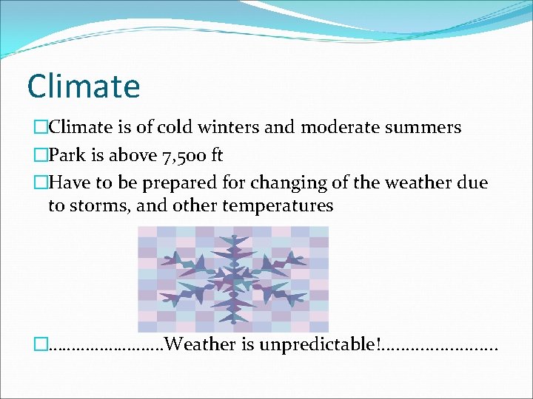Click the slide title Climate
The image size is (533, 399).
pyautogui.click(x=83, y=86)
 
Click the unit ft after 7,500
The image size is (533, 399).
pyautogui.click(x=213, y=155)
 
